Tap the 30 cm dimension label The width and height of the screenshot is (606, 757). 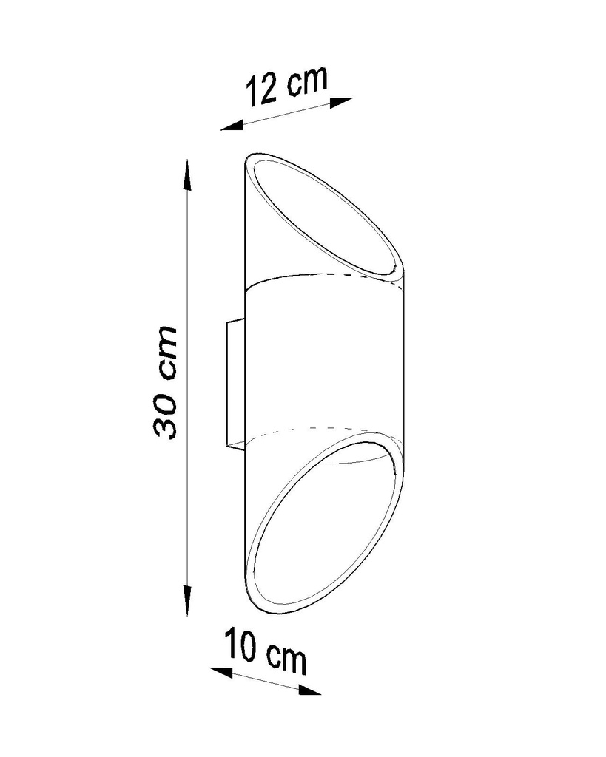click(x=165, y=382)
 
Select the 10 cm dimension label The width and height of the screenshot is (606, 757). click(x=266, y=651)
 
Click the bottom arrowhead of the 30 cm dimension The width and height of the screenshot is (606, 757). click(x=187, y=600)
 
